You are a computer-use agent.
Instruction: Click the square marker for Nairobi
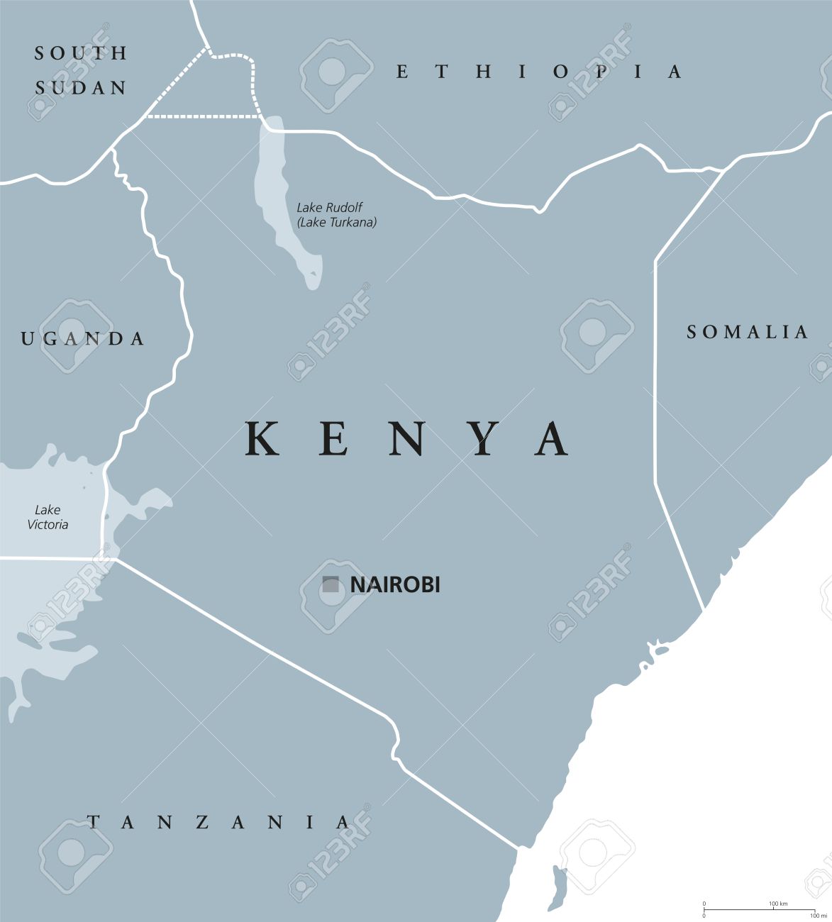tap(330, 584)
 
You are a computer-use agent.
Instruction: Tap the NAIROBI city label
tap(395, 585)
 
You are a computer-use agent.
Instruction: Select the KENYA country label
tap(407, 440)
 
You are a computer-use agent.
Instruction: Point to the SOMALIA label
tap(747, 332)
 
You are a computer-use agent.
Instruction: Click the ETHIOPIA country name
tap(539, 72)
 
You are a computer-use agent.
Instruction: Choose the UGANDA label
tap(83, 339)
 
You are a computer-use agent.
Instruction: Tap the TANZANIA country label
tap(218, 822)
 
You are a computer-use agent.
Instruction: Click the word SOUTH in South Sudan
tap(81, 52)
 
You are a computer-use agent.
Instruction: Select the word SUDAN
tap(81, 88)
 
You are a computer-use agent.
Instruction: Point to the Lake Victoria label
tap(48, 518)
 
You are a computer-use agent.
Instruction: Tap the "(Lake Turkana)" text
tap(337, 222)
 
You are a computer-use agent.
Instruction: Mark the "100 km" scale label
tap(778, 904)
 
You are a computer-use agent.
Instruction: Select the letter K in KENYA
tap(261, 440)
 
